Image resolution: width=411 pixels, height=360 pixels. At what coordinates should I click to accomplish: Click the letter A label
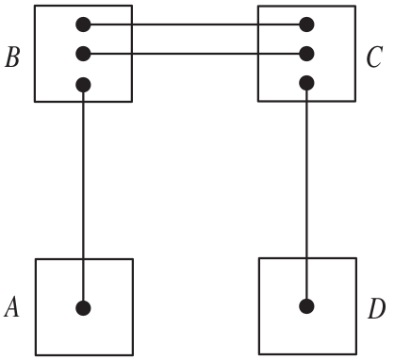12,307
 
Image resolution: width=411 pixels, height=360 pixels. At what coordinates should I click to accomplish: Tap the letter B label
12,58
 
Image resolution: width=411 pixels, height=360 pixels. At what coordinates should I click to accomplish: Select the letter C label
373,58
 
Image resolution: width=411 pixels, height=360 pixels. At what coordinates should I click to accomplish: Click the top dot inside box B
83,24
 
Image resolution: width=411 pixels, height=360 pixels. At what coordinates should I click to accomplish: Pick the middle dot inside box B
83,53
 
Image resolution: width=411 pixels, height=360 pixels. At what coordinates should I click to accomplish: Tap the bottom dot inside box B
83,85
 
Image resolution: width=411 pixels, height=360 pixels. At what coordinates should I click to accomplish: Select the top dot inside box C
305,24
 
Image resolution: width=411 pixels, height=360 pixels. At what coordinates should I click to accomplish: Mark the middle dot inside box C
305,53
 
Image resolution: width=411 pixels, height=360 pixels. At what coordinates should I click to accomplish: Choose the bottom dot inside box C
305,83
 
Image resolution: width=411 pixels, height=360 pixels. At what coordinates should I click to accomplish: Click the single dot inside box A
83,307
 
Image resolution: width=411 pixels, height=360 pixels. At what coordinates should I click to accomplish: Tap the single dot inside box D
305,306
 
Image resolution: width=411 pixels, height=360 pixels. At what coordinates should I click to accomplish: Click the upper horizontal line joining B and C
194,24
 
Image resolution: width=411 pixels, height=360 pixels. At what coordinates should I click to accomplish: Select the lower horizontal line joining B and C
194,53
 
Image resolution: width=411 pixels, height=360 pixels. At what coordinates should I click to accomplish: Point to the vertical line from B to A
83,188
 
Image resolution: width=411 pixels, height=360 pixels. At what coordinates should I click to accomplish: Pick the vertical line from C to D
305,188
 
